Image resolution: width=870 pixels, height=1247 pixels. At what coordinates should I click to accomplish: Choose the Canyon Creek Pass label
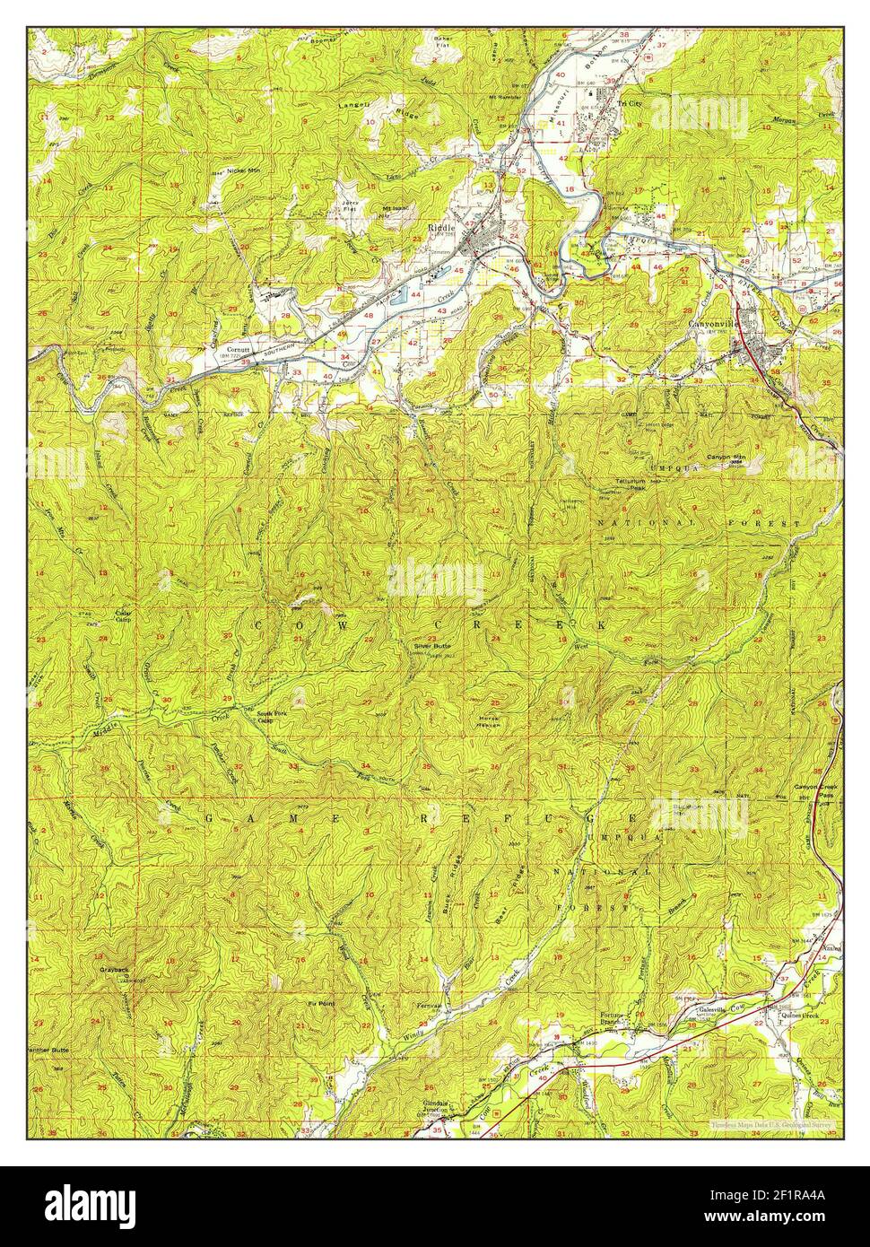pos(814,791)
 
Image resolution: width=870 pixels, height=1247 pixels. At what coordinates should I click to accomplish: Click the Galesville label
pos(717,1009)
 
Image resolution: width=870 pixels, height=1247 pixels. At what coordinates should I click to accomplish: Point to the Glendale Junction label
pos(441,1108)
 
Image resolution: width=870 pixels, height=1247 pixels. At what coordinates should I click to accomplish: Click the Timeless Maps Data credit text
pos(771,1123)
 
